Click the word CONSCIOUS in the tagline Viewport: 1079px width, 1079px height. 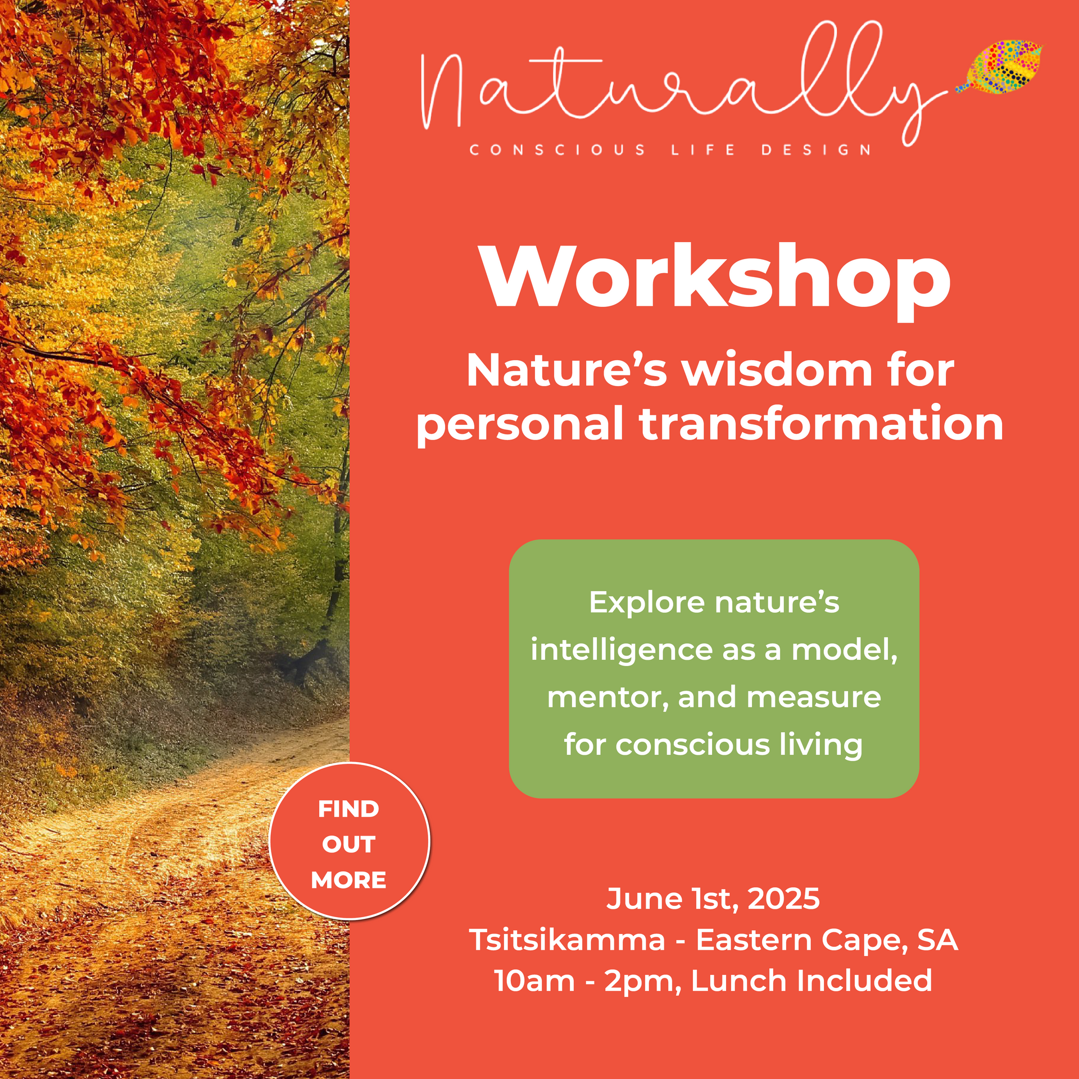point(557,150)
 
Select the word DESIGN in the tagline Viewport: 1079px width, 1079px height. point(816,150)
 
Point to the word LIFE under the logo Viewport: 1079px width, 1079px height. point(703,150)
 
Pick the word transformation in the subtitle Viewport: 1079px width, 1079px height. point(822,424)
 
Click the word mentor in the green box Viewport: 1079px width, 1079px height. point(607,697)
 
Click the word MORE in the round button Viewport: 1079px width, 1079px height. point(348,880)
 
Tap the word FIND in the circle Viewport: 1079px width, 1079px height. point(348,809)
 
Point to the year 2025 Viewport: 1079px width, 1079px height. point(783,899)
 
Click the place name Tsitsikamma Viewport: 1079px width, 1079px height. point(567,940)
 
